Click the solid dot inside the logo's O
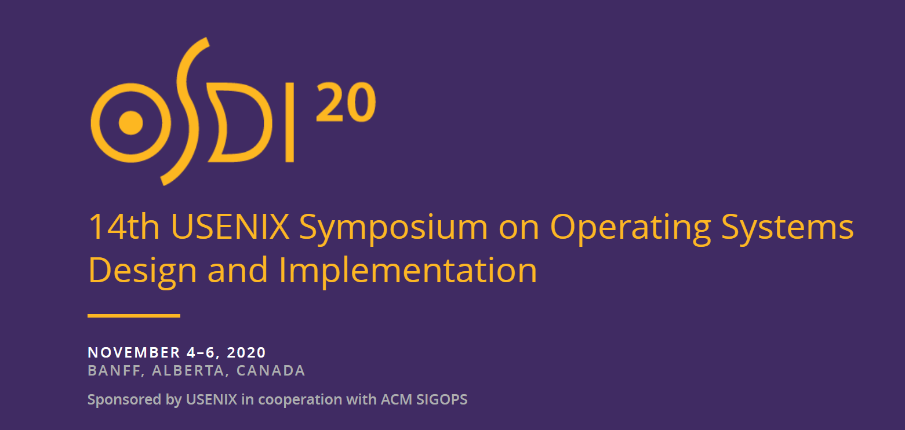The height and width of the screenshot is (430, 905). point(131,123)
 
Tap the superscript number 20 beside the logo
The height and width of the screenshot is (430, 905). point(346,102)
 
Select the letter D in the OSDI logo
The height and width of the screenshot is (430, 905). point(239,122)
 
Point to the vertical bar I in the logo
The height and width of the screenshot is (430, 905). point(290,122)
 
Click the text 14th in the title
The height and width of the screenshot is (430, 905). point(124,227)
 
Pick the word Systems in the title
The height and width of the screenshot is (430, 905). point(787,229)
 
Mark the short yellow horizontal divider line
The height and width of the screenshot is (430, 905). point(134,316)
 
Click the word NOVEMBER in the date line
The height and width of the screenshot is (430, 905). point(134,352)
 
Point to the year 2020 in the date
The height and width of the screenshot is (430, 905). point(246,352)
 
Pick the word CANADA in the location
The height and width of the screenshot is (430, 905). point(271,371)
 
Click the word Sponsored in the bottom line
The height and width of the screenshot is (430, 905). point(125,400)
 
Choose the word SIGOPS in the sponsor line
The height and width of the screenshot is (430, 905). point(442,399)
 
